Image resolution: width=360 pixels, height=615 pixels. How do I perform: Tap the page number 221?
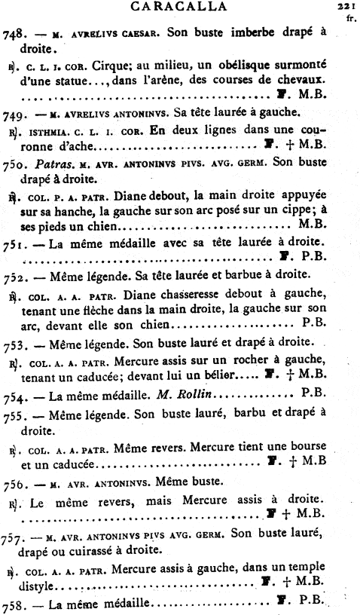point(346,5)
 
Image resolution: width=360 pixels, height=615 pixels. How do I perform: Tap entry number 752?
point(15,274)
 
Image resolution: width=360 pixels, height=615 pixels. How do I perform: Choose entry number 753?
point(15,341)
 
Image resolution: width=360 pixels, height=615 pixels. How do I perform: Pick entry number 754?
point(15,391)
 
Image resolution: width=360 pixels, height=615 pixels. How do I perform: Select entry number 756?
point(15,482)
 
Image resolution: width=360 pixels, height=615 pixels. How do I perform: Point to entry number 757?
point(15,538)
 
